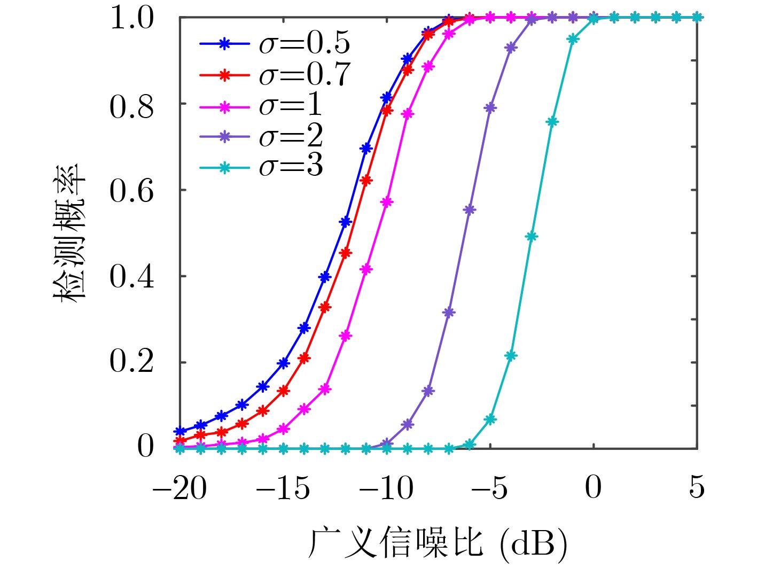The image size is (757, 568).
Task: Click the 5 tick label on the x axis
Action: (697, 488)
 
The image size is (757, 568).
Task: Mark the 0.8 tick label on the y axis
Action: (132, 106)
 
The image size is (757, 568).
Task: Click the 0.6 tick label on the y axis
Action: (132, 191)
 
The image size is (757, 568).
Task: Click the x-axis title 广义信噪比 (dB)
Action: (438, 543)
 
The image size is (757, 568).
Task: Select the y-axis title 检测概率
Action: (70, 233)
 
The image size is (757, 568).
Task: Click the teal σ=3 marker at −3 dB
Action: (531, 236)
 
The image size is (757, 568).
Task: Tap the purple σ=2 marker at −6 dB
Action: (469, 210)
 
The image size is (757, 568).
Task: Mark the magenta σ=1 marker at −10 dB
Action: (387, 202)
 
